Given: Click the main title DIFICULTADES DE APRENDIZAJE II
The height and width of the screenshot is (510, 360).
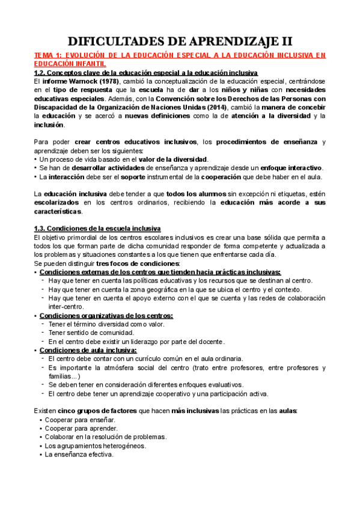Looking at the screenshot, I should tap(180, 41).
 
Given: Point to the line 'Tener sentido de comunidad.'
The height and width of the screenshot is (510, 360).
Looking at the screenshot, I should tap(91, 333).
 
